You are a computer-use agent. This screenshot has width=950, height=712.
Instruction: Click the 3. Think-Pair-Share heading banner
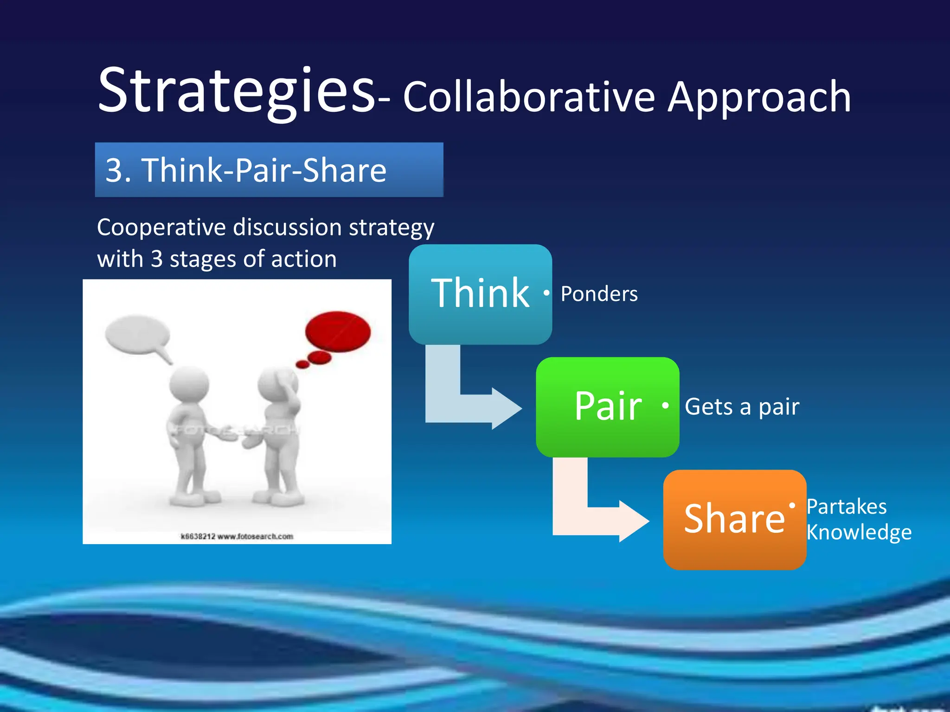coord(269,170)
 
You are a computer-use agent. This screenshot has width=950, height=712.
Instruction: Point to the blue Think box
coord(480,294)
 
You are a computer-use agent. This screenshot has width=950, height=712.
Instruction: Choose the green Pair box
coord(607,407)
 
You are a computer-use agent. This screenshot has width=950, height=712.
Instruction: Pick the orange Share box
coord(734,519)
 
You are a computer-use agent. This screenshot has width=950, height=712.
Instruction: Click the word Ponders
coord(599,294)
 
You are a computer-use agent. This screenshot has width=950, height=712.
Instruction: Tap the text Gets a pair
coord(742,407)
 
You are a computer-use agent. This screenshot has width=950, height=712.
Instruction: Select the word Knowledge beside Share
coord(859,532)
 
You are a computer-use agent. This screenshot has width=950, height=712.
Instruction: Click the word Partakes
coord(847,507)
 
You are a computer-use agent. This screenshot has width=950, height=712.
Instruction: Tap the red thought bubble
coord(338,331)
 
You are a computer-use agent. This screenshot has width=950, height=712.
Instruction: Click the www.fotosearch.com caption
coord(255,536)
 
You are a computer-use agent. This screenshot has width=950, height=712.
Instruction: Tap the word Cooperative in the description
coord(161,228)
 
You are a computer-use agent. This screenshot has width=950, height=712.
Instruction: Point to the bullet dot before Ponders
coord(547,293)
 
